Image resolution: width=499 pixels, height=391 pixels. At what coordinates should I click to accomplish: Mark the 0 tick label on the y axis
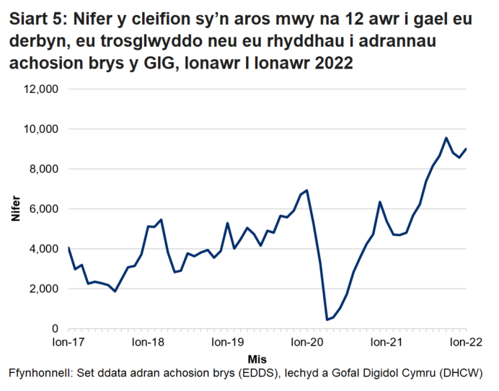(56, 329)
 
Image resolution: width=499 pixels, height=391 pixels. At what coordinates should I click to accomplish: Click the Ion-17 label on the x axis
(69, 343)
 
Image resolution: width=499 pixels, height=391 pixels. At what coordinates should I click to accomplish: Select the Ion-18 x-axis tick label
(148, 343)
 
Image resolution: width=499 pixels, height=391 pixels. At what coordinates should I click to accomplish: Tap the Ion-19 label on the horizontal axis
(228, 343)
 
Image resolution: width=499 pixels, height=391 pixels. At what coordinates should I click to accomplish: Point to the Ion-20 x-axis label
(307, 343)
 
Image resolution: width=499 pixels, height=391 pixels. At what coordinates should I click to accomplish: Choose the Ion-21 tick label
(387, 343)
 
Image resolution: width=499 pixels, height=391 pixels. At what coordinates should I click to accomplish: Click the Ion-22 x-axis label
(465, 343)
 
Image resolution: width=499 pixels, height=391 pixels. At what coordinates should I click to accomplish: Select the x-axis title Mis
(257, 359)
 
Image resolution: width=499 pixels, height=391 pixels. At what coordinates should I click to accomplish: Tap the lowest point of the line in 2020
(327, 320)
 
